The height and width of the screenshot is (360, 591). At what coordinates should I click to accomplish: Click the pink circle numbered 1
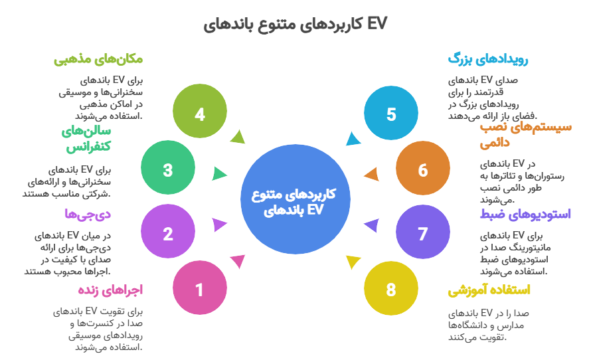199,290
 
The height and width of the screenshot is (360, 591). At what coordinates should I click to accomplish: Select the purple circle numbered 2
167,234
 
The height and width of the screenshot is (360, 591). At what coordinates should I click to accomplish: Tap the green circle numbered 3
167,170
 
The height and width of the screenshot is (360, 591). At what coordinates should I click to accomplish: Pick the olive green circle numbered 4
199,114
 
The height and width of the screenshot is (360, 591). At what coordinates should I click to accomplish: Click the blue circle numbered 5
390,114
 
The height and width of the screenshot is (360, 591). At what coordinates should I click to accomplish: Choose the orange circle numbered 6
422,170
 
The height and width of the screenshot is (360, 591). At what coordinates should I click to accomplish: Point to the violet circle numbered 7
422,234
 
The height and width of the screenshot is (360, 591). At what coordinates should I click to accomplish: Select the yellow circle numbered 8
390,290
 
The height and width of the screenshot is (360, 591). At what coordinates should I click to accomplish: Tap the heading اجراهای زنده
110,290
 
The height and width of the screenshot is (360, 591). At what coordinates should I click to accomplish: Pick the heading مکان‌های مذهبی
98,59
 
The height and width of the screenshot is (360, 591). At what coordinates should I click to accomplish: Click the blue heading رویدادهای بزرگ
488,59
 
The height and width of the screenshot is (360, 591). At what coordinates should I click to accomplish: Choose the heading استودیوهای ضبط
525,214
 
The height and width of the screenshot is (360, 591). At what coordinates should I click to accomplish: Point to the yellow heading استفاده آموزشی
489,290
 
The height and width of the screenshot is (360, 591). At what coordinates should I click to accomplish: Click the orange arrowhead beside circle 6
372,175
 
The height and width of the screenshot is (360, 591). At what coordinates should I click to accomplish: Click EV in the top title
377,24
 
